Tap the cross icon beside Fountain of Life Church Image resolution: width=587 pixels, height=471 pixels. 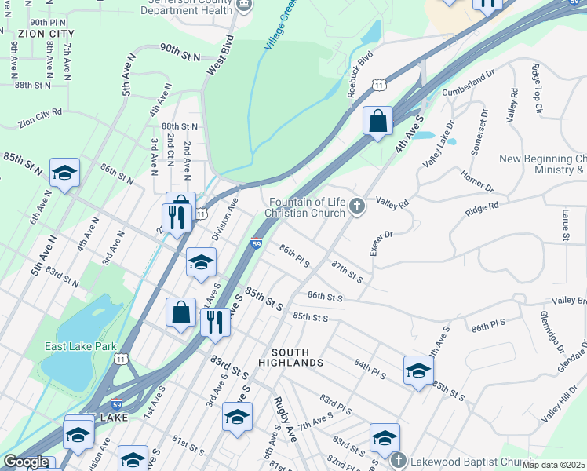click(357, 207)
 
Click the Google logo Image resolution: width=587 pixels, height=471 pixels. click(26, 462)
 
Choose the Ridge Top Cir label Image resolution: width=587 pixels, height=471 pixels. click(538, 89)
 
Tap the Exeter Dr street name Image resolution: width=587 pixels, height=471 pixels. click(381, 244)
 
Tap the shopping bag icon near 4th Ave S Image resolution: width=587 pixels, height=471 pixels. click(377, 122)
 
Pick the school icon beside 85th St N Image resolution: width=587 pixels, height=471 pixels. click(64, 173)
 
